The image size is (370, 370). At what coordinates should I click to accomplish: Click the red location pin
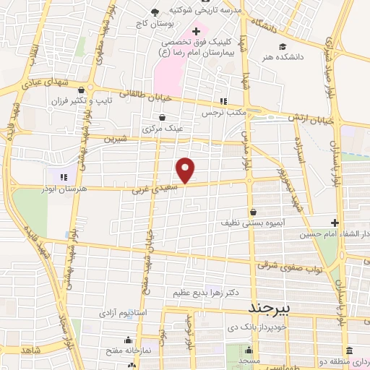click(x=186, y=169)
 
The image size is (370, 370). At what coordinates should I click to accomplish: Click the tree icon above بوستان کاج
click(x=155, y=11)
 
